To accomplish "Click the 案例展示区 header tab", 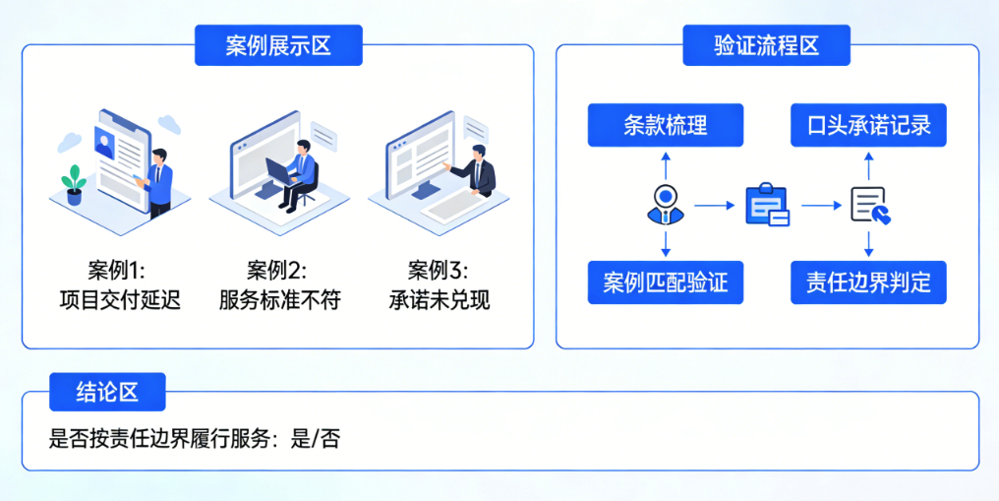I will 278,46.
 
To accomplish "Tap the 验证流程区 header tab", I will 766,46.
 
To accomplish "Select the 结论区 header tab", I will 107,392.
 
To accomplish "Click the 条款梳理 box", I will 666,125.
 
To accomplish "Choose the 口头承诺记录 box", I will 868,125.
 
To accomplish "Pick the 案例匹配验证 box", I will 666,282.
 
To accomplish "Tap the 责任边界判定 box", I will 868,282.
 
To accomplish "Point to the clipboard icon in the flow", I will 767,205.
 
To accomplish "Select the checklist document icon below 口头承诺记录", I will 870,205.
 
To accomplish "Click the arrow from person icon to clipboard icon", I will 715,206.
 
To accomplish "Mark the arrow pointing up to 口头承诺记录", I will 869,164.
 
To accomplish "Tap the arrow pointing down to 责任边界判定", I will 869,244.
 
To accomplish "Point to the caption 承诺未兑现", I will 440,300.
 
